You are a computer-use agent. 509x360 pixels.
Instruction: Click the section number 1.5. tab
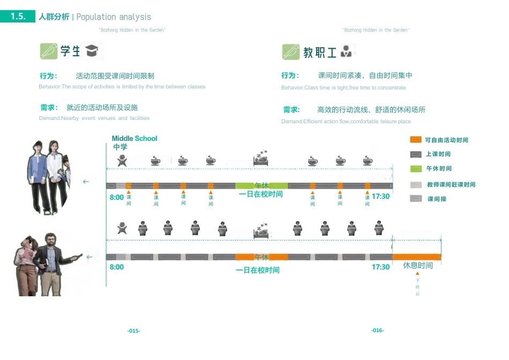pos(18,17)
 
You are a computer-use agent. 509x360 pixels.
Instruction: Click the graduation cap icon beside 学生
pos(92,51)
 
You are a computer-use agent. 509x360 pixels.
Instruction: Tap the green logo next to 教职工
pos(291,52)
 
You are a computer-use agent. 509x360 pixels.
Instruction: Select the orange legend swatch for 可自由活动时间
pos(416,140)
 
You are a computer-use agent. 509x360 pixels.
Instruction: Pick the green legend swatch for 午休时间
pos(416,169)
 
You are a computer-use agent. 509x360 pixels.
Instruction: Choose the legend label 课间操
pos(437,199)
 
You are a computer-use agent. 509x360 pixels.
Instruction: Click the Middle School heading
pos(134,138)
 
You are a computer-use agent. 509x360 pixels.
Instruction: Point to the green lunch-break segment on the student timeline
pos(261,185)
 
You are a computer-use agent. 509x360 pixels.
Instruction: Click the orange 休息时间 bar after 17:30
pos(417,257)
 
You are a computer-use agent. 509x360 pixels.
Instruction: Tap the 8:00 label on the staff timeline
pos(117,267)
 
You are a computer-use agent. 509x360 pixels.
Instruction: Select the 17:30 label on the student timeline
pos(380,196)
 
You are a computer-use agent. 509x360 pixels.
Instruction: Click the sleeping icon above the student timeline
pos(261,159)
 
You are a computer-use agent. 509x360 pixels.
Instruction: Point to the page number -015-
pos(134,331)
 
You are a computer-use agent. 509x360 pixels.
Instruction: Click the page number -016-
pos(377,330)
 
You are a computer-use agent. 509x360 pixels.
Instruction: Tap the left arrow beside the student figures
pos(86,182)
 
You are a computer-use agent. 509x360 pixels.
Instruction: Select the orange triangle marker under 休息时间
pos(417,274)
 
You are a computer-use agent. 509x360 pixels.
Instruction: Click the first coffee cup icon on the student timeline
pos(155,160)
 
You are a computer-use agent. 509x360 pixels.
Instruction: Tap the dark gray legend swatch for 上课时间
pos(416,154)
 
